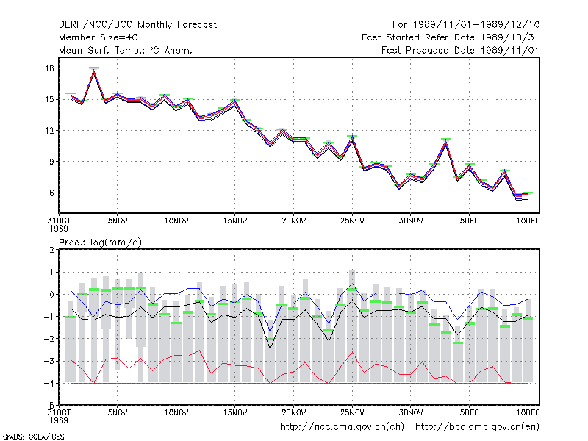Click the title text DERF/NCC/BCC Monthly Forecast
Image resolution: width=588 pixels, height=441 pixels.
coord(137,25)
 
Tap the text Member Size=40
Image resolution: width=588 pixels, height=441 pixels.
coord(98,37)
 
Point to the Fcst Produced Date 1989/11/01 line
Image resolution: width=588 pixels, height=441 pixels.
coord(460,50)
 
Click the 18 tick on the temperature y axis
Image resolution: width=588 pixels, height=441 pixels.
coord(50,68)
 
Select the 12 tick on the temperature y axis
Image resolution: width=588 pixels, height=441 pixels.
coord(50,131)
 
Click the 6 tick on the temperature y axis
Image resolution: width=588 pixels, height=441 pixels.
coord(51,193)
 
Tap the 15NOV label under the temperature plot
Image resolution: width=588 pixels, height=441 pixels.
coord(235,220)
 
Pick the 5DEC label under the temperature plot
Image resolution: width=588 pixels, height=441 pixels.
coord(469,220)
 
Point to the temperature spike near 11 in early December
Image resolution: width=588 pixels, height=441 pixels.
coord(446,142)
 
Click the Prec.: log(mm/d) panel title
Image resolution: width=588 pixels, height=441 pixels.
coord(100,243)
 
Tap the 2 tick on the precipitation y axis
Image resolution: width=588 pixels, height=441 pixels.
coord(51,250)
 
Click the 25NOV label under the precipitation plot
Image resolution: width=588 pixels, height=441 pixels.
coord(352,412)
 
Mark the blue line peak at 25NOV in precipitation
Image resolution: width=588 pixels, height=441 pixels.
coord(352,284)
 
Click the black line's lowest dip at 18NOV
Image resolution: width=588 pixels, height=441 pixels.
coord(270,348)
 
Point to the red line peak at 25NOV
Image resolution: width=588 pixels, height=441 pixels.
coord(352,353)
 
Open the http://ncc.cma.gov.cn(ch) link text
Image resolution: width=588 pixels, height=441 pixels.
coord(342,427)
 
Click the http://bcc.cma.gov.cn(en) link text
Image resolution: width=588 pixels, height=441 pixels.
coord(477,427)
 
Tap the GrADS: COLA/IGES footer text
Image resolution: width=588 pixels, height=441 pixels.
coord(33,437)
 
